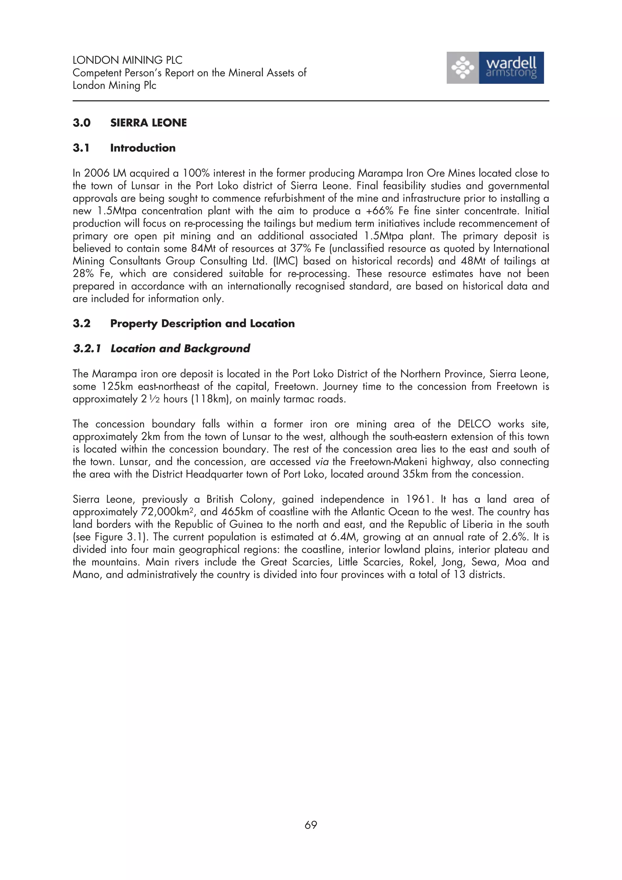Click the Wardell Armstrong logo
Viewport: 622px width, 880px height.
click(x=495, y=68)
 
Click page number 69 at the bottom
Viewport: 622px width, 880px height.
click(x=310, y=825)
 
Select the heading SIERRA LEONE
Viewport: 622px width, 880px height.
click(x=148, y=123)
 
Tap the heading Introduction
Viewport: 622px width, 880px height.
click(x=142, y=148)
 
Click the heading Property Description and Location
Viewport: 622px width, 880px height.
click(x=202, y=323)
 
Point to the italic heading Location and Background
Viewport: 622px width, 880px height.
click(x=180, y=348)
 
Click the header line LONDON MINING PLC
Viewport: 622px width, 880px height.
click(x=127, y=60)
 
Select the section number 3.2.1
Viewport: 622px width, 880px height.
click(x=87, y=348)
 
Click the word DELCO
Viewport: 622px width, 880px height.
click(x=474, y=424)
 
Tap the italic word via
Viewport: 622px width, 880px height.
click(x=322, y=462)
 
